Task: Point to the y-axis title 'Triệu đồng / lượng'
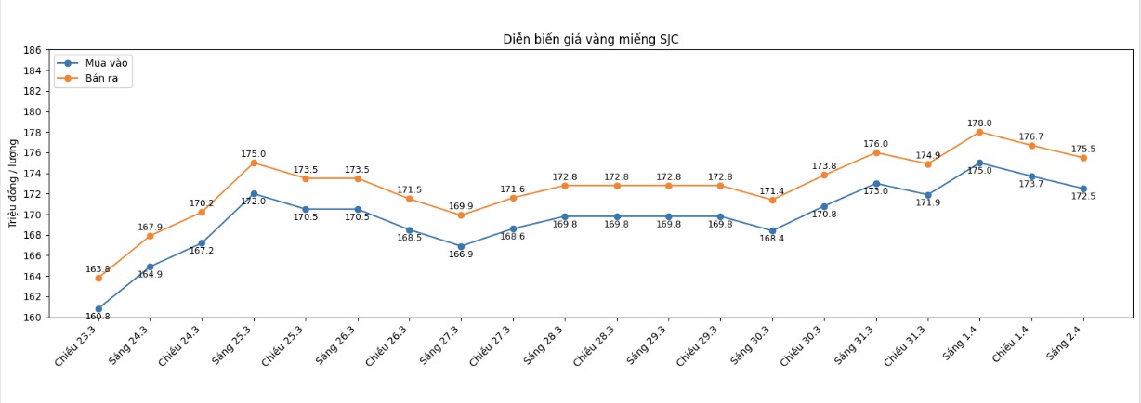click(13, 183)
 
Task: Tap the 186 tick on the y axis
click(33, 50)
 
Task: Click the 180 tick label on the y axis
click(33, 111)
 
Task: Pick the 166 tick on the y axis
click(33, 255)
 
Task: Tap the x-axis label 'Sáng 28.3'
click(544, 344)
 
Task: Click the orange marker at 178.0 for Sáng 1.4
click(979, 132)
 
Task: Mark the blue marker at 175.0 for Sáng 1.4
click(979, 162)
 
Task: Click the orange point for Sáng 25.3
click(254, 162)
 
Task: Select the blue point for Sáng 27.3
click(461, 246)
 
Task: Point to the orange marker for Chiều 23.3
click(98, 278)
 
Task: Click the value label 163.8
click(98, 269)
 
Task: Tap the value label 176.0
click(875, 144)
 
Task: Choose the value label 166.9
click(461, 254)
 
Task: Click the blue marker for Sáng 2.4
click(1082, 188)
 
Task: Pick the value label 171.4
click(771, 190)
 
